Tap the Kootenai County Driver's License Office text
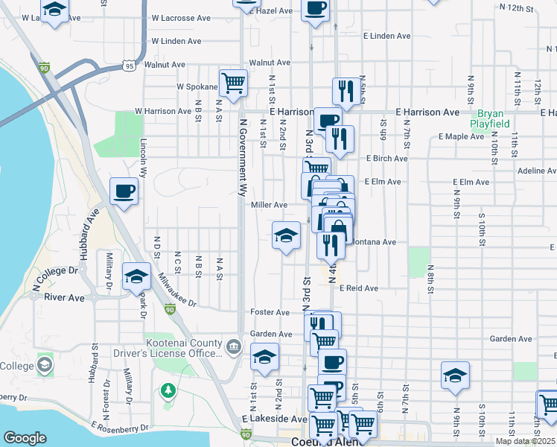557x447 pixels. (x=167, y=348)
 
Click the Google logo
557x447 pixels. (x=25, y=438)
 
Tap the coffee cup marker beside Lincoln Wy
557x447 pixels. (x=124, y=191)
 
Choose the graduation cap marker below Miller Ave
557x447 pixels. (x=286, y=236)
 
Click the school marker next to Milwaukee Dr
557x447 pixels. (x=137, y=277)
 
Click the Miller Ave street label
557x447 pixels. (x=269, y=205)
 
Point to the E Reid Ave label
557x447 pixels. (x=359, y=288)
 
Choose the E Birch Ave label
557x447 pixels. (x=386, y=159)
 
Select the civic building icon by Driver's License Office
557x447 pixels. (x=233, y=346)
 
